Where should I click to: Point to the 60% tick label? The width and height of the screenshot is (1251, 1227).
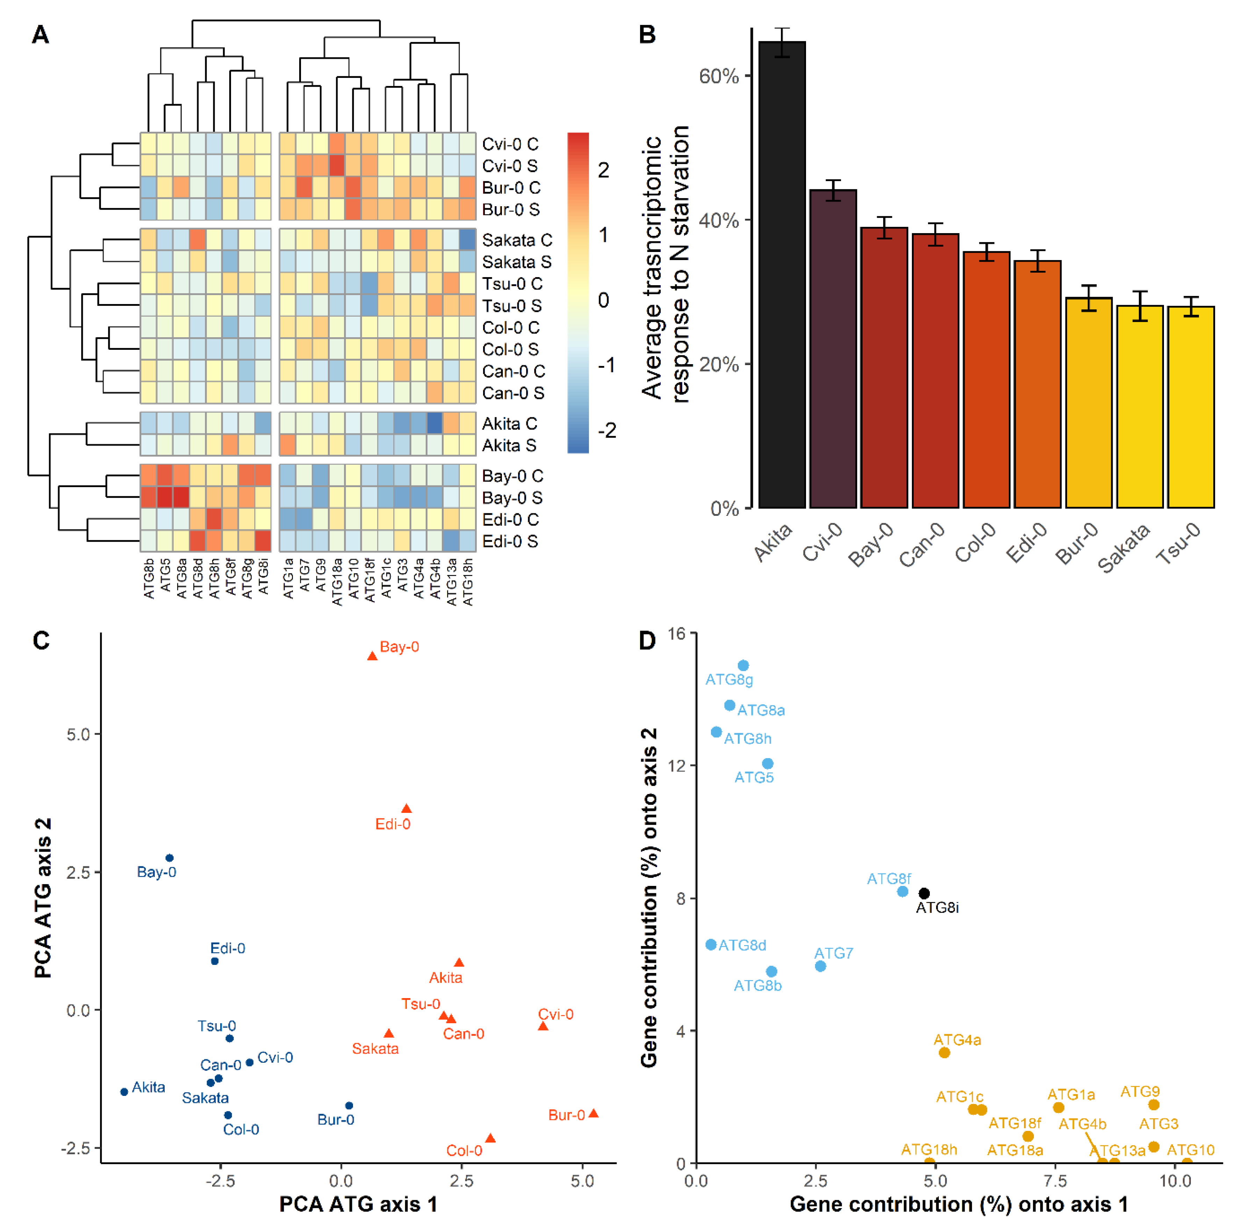[x=719, y=76]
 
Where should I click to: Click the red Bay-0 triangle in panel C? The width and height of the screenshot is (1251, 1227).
[x=372, y=656]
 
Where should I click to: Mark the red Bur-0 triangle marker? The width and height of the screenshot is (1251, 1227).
[x=594, y=1113]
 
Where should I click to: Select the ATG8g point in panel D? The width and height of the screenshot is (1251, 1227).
[x=743, y=666]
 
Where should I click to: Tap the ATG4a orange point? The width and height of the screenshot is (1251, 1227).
[x=944, y=1052]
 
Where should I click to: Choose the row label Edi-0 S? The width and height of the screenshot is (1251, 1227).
[x=510, y=541]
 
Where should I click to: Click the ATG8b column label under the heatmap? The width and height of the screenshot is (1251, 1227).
[x=149, y=579]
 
